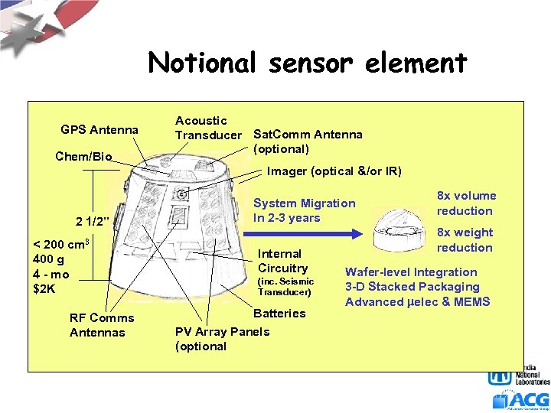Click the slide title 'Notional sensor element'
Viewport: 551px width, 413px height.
pos(307,62)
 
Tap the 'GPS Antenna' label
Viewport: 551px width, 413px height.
pos(99,130)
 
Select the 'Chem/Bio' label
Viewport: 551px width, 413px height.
pos(83,157)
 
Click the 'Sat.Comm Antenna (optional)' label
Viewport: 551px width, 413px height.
pos(308,141)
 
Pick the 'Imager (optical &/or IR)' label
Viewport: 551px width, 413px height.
pos(334,171)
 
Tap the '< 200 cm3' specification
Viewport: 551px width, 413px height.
pos(61,245)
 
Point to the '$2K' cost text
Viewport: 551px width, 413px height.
pos(44,289)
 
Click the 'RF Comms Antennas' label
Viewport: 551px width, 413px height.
pos(101,325)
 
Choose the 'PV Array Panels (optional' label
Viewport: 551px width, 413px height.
pos(222,339)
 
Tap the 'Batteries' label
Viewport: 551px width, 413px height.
pos(279,313)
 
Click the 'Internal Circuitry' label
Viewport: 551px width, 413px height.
pos(282,261)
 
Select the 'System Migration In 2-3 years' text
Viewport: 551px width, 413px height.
pos(304,210)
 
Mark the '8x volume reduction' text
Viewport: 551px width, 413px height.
pos(466,203)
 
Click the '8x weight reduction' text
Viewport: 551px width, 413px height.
pos(465,240)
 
